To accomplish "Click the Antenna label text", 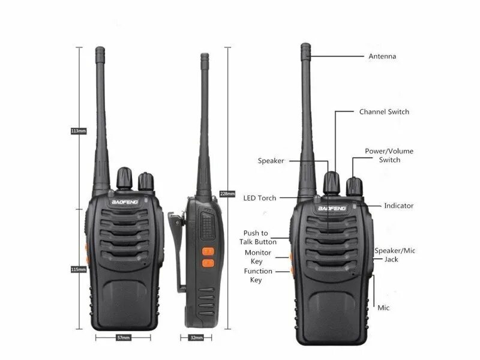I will coord(382,56).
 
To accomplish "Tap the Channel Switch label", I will coord(384,112).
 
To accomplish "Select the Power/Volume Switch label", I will coord(389,155).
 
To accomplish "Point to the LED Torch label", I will coord(260,198).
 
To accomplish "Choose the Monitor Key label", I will coord(257,257).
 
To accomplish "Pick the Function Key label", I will coord(257,275).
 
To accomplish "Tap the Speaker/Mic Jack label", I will coord(395,254).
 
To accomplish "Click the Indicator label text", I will coord(398,206).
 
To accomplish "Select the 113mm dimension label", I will coord(79,131).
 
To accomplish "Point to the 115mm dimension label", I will coord(79,269).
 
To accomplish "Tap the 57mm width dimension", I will coord(124,338).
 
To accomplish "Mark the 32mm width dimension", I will coord(196,338).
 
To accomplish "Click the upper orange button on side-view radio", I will coord(208,252).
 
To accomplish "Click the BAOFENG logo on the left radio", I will coord(125,202).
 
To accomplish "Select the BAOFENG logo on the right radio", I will coord(330,208).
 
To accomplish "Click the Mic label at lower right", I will coord(383,307).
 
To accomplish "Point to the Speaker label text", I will coord(271,161).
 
